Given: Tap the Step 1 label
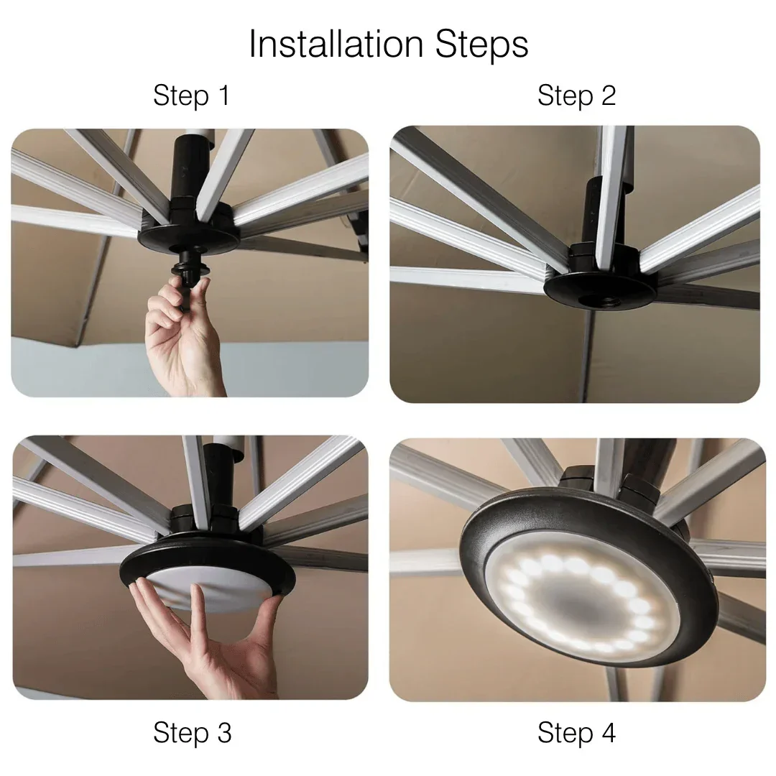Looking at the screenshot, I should coord(191,96).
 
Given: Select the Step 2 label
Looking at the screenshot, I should coord(576,96).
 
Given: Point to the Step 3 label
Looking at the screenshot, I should coord(192,733).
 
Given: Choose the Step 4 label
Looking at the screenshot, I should coord(576,733).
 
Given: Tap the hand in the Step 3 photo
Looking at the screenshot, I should coord(208,647).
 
